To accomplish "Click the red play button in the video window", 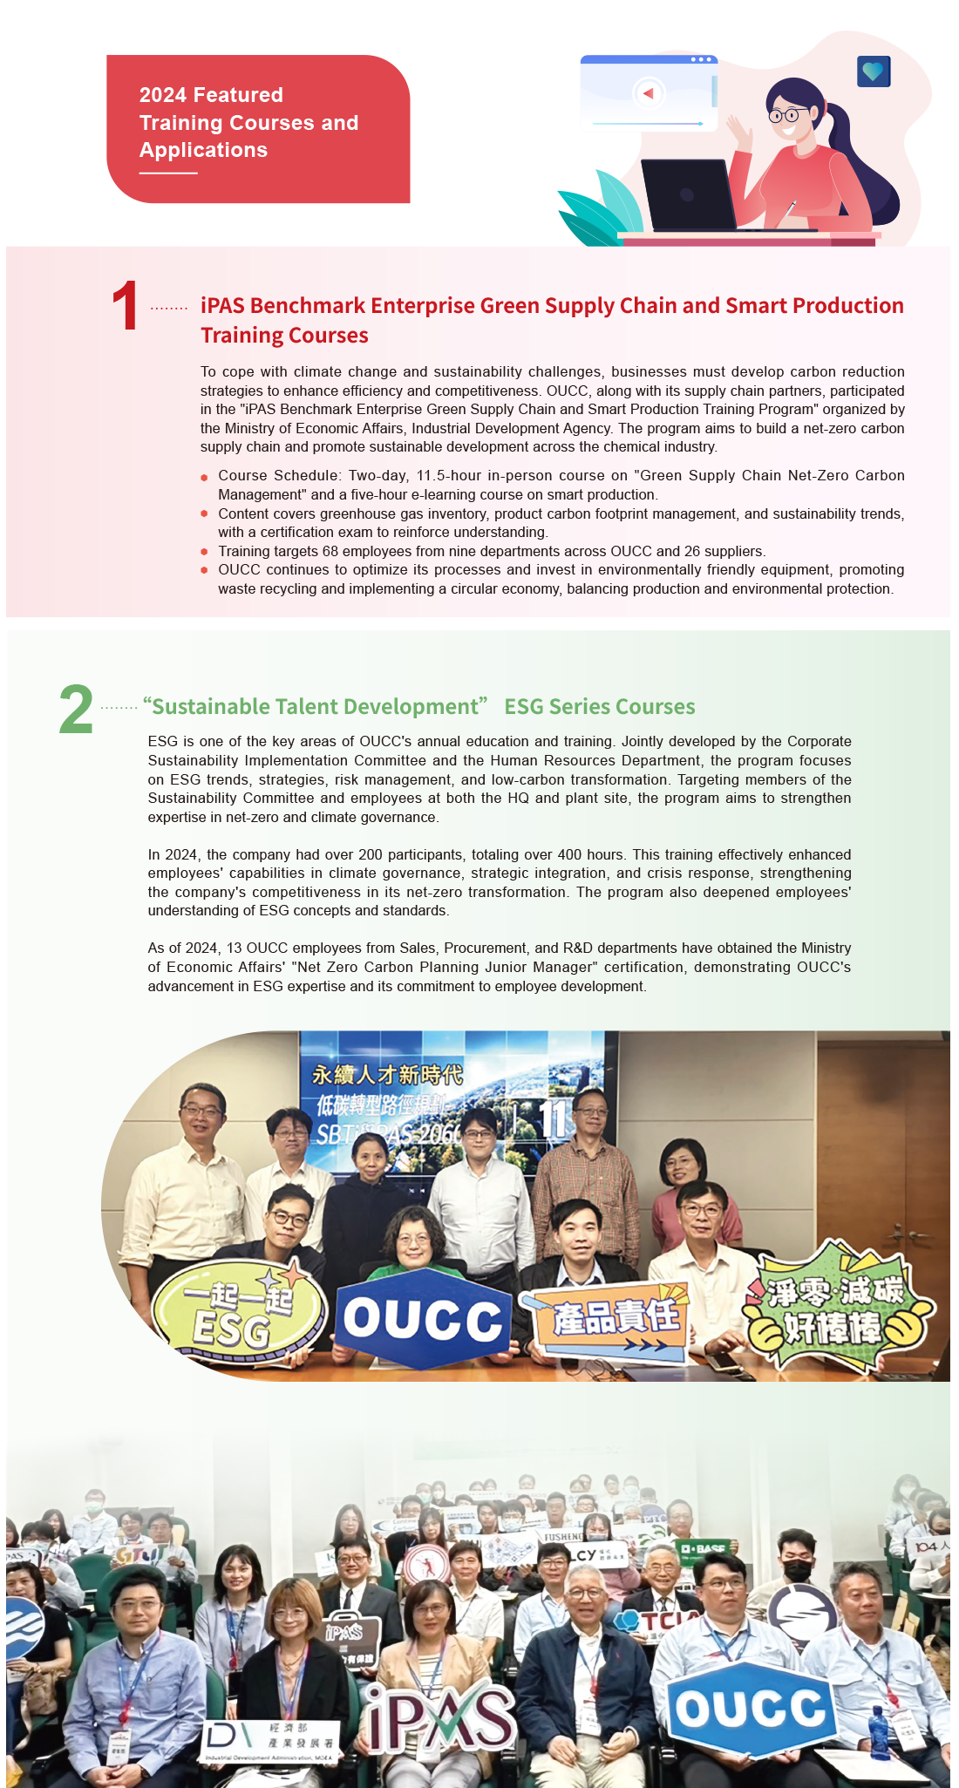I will [x=648, y=93].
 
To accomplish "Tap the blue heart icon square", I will [x=873, y=71].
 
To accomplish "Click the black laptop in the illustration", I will [x=687, y=195].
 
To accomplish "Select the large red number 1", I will [x=126, y=307].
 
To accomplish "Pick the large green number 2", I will [x=76, y=710].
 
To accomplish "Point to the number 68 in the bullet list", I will [x=330, y=552].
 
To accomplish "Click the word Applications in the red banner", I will [x=203, y=150].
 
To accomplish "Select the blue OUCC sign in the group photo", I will [x=423, y=1319].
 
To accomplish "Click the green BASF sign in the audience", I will [x=704, y=1549].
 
